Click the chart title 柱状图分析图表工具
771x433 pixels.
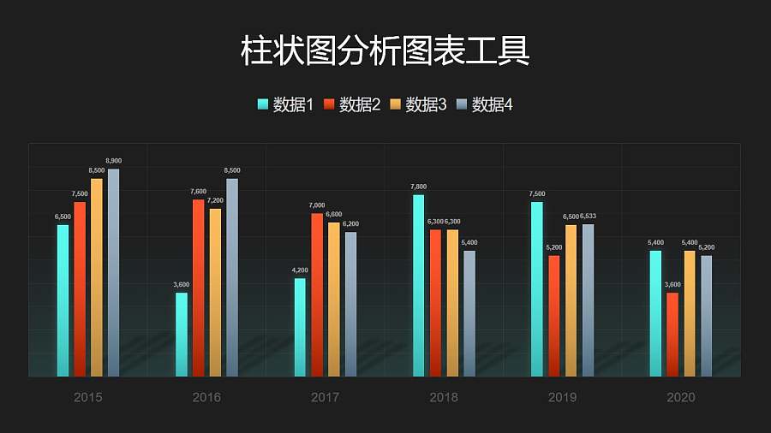click(385, 50)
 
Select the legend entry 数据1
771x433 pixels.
click(285, 104)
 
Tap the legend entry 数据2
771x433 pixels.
click(352, 104)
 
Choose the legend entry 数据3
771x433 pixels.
click(418, 104)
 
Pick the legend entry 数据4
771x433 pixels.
click(485, 104)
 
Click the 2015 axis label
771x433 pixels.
click(88, 397)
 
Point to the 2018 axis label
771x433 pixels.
click(444, 397)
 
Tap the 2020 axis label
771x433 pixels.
click(680, 397)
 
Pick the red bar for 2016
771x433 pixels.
click(198, 288)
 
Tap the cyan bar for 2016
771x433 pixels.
click(182, 335)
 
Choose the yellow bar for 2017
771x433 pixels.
click(334, 300)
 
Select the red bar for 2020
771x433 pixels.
click(672, 335)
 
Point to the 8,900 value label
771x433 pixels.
click(113, 161)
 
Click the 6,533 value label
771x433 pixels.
click(588, 216)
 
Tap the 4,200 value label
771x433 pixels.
click(300, 270)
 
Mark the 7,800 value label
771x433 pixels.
click(418, 187)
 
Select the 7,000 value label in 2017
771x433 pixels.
click(317, 205)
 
